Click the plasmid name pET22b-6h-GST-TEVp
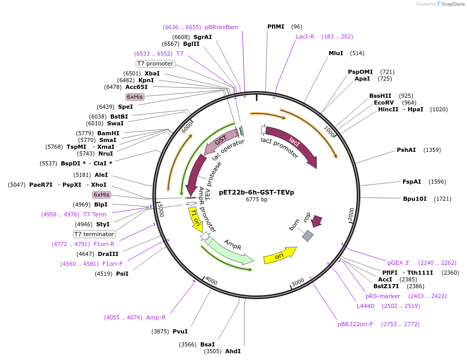coord(256,192)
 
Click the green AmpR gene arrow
coord(229,250)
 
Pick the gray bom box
coord(308,236)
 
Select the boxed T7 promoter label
coord(155,63)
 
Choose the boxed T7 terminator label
coord(94,234)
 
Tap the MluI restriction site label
coord(336,53)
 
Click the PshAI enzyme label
coord(406,150)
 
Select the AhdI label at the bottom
coord(232,351)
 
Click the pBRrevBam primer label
coord(222,27)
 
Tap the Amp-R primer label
coord(156,317)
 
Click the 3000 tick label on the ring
coord(297,282)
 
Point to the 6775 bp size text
coord(256,199)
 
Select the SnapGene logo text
coord(452,4)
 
